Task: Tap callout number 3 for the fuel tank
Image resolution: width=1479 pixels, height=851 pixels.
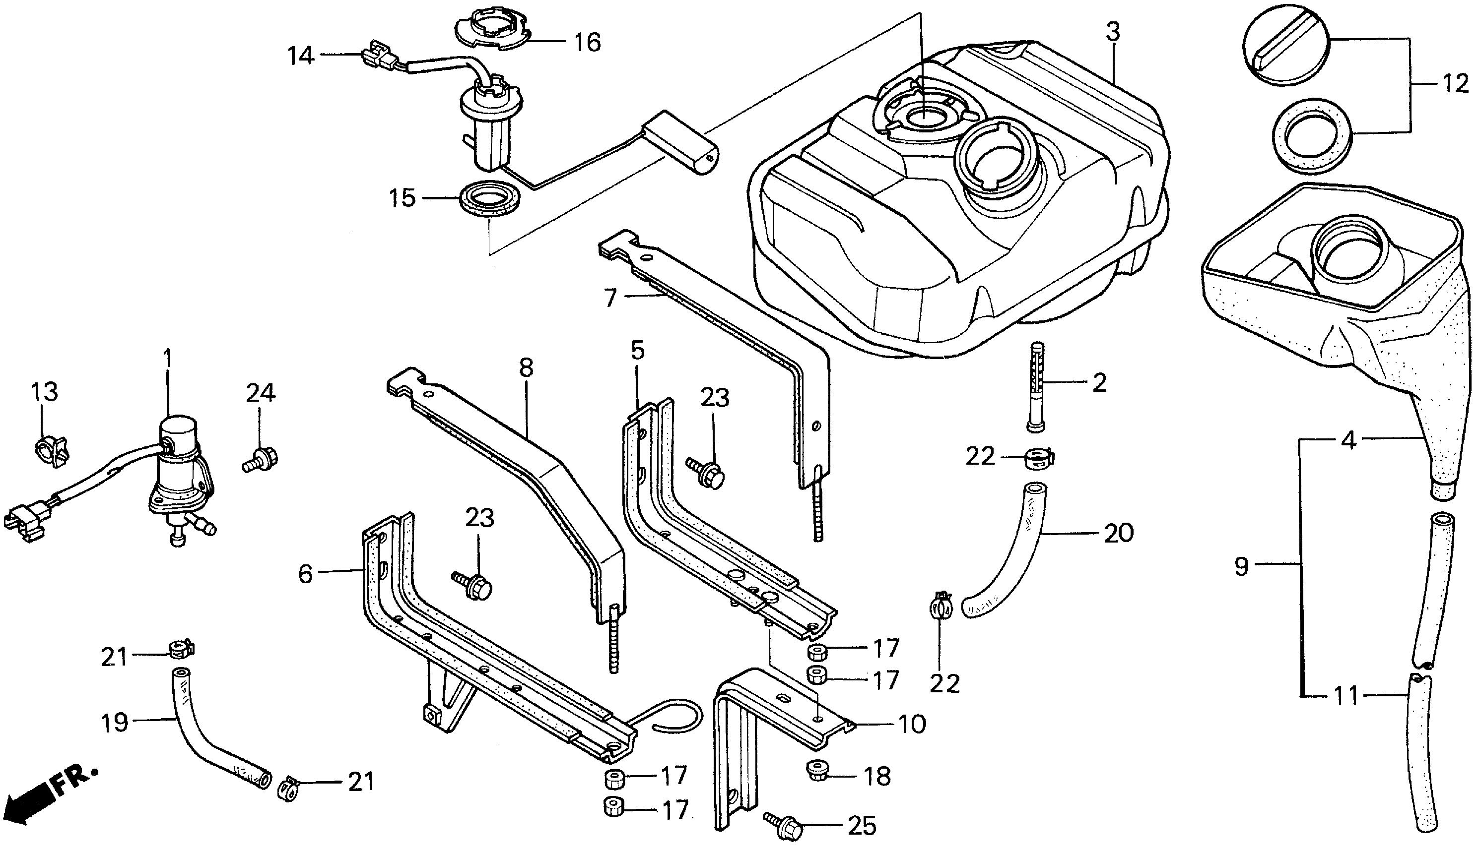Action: tap(1113, 32)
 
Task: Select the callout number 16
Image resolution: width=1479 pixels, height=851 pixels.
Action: tap(587, 42)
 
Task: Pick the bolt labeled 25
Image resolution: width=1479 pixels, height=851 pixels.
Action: tap(782, 825)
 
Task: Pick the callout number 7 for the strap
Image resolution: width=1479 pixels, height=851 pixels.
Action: tap(610, 298)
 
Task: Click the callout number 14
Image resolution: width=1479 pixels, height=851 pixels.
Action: tap(301, 56)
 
